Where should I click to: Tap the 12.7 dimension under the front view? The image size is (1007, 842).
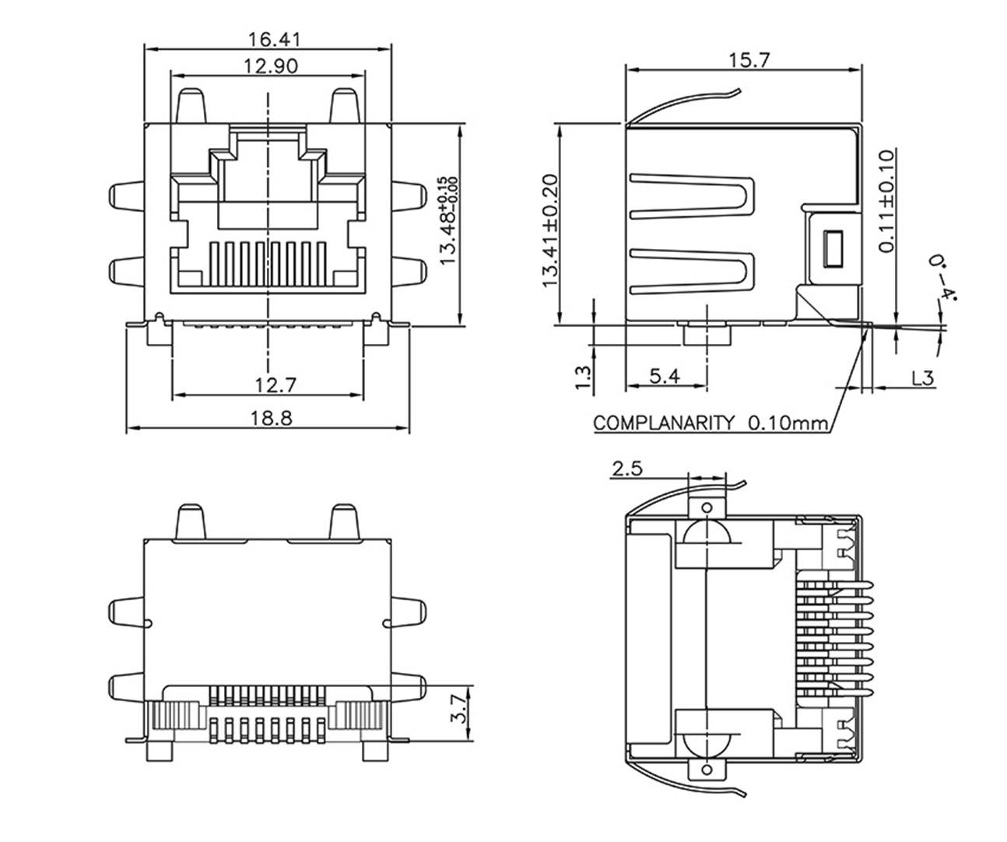point(267,385)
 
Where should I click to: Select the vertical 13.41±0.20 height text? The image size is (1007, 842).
point(551,231)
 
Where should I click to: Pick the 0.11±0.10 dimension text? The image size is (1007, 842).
point(888,201)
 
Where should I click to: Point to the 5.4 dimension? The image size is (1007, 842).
point(665,377)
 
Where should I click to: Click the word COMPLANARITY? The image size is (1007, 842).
point(663,423)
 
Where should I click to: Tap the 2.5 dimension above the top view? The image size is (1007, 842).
point(627,469)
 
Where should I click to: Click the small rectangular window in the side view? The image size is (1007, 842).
point(833,249)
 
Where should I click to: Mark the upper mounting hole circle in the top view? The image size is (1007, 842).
point(707,507)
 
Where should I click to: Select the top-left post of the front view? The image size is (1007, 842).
point(192,106)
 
